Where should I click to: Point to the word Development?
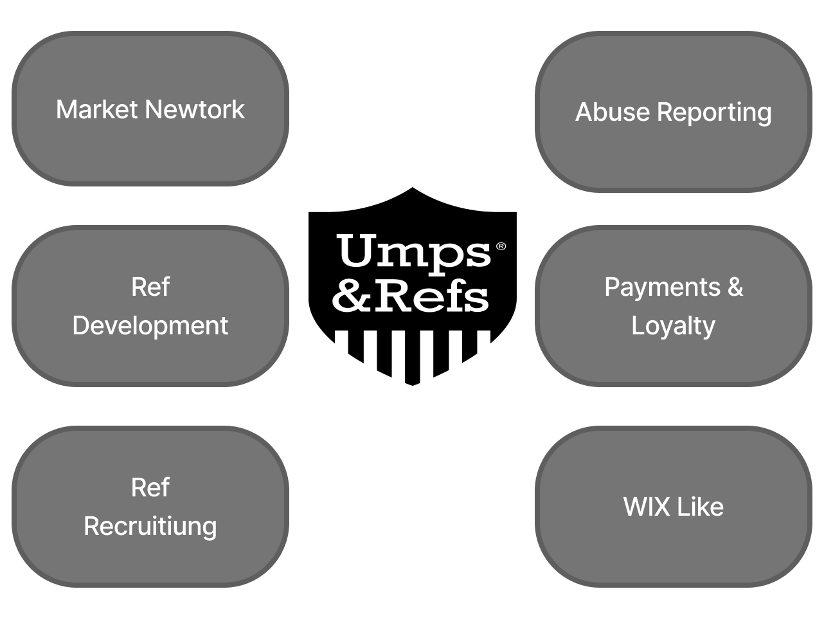click(150, 325)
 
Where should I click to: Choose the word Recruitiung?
click(150, 526)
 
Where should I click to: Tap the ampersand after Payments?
click(735, 287)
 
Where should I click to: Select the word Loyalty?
click(673, 326)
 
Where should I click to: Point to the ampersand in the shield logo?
click(353, 297)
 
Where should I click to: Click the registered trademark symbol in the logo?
click(501, 246)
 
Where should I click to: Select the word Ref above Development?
click(150, 287)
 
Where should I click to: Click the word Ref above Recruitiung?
click(150, 487)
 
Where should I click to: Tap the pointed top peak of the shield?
click(413, 189)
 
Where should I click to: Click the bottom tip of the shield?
click(413, 383)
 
